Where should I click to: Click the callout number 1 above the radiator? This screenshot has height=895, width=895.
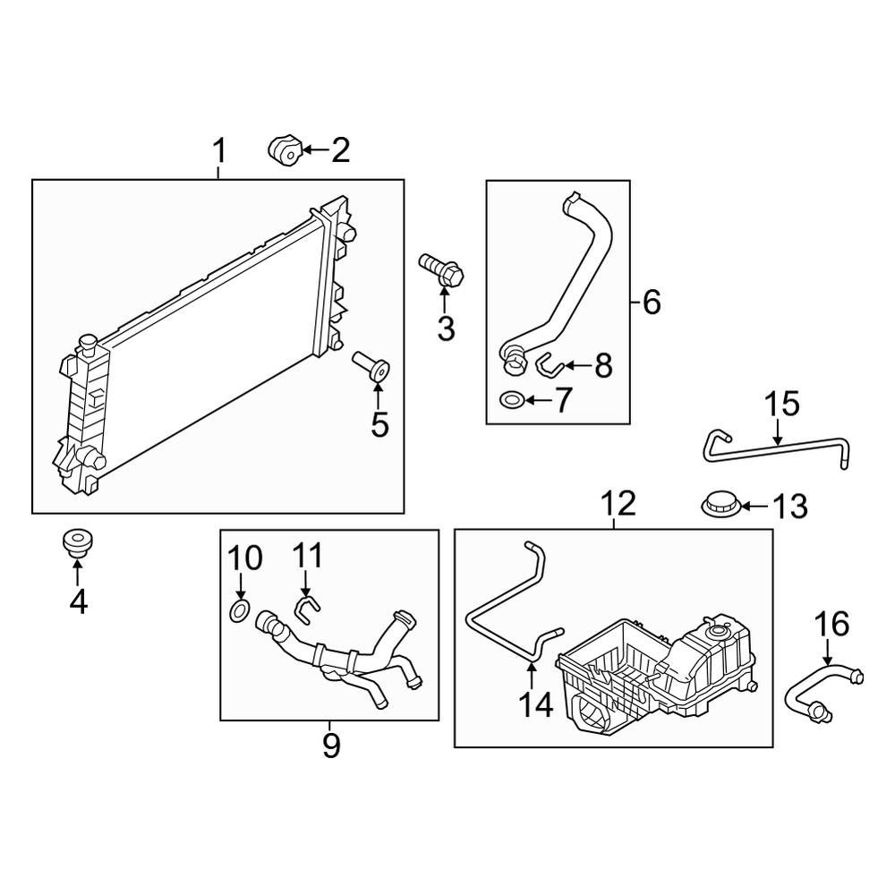[219, 151]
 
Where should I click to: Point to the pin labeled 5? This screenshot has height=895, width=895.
[371, 366]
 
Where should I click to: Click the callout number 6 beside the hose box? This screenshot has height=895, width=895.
[652, 303]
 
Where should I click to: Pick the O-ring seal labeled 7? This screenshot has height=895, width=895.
[512, 399]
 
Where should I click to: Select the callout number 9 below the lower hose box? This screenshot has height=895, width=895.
[330, 745]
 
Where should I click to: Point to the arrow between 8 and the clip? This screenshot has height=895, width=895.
[575, 365]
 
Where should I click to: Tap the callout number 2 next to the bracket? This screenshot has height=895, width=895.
[340, 151]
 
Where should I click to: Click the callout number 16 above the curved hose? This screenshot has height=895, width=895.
[831, 624]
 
